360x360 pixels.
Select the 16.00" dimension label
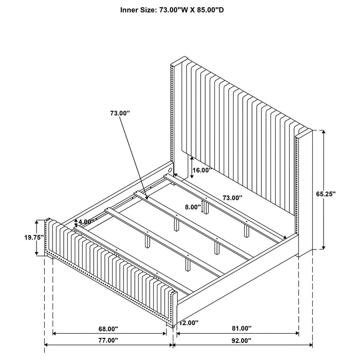pyautogui.click(x=201, y=170)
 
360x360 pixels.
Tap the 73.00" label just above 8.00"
pyautogui.click(x=232, y=197)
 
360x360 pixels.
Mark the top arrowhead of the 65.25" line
pyautogui.click(x=323, y=132)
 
